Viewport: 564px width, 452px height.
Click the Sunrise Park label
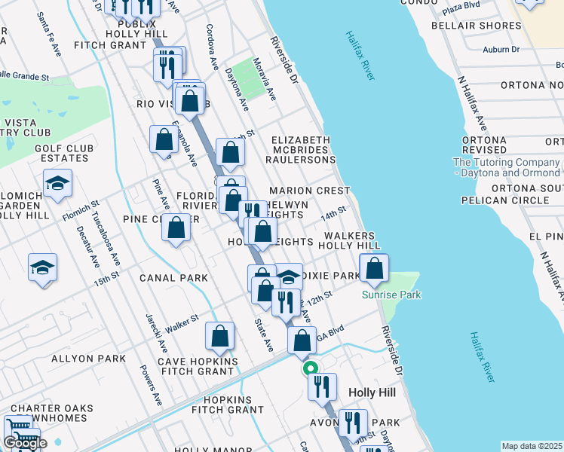coord(391,295)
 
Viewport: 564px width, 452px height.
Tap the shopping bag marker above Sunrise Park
coord(374,268)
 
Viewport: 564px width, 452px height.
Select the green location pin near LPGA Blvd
coord(310,369)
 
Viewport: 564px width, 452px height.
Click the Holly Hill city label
coord(372,392)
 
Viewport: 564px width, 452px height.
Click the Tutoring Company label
coord(506,167)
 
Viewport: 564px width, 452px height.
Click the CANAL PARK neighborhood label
coord(173,278)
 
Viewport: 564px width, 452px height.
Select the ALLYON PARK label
coord(88,359)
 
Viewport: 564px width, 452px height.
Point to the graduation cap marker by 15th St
coord(42,267)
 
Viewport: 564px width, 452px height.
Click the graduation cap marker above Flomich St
coord(57,183)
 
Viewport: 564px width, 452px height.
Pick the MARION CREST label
coord(309,191)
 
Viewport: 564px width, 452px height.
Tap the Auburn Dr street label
coord(501,50)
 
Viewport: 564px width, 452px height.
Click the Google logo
coord(25,443)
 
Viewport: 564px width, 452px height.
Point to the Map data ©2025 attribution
coord(532,446)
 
